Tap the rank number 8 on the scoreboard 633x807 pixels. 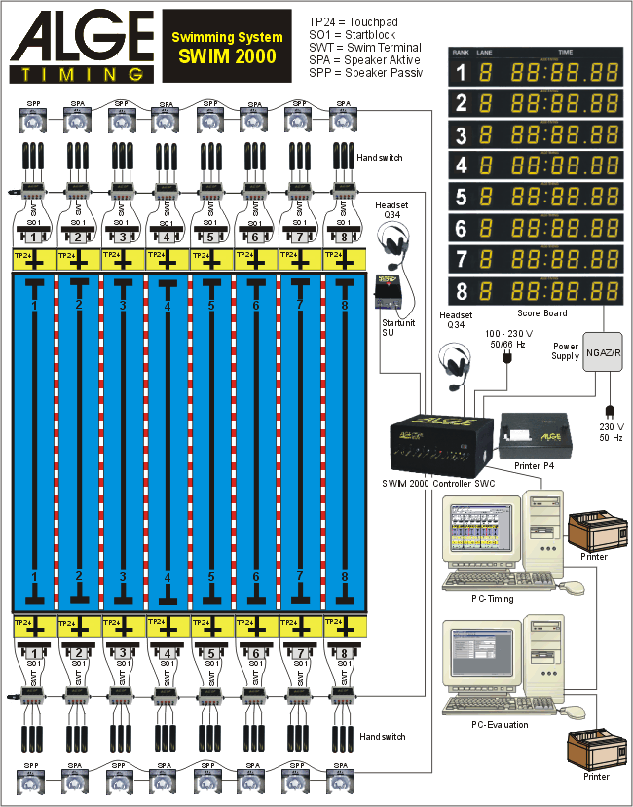pyautogui.click(x=462, y=291)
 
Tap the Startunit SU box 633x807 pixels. pyautogui.click(x=393, y=291)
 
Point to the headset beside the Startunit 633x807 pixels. pyautogui.click(x=393, y=243)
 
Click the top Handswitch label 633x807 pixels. pyautogui.click(x=380, y=157)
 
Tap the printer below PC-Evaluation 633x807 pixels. pyautogui.click(x=595, y=751)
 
